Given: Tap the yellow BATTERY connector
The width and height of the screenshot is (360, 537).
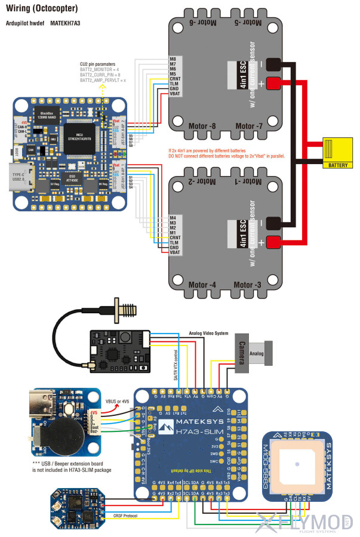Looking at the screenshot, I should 338,151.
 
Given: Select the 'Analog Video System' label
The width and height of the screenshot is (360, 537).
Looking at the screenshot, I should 208,333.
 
